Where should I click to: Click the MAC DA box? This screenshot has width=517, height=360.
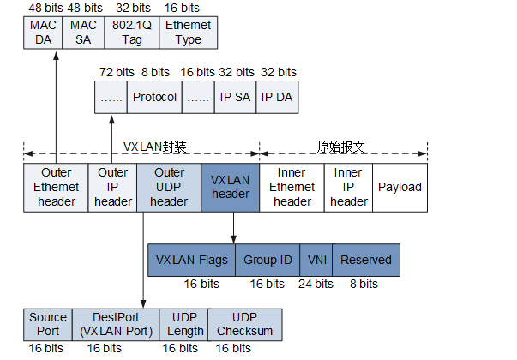43,33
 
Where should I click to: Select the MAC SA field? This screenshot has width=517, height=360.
82,33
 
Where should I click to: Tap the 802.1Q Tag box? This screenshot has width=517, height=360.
132,33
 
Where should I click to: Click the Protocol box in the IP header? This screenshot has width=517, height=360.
153,98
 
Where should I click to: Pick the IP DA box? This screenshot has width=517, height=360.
277,98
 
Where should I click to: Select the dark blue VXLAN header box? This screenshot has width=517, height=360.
230,187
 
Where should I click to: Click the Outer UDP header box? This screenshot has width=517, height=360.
169,187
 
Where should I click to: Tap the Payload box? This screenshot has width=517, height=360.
400,187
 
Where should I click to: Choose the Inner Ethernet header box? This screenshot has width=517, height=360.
292,187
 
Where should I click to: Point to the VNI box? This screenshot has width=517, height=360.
316,260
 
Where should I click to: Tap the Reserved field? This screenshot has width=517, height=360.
366,260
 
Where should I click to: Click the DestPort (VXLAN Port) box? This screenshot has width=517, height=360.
115,324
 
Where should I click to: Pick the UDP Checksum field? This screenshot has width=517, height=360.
244,324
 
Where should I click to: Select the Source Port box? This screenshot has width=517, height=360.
48,324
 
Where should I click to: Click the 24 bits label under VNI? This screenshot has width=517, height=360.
316,284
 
